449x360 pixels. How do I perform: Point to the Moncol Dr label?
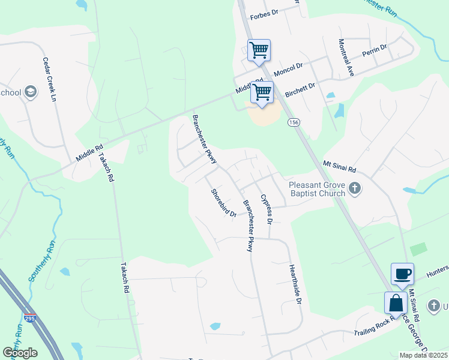[x=291, y=70]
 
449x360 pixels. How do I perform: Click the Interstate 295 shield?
[x=29, y=319]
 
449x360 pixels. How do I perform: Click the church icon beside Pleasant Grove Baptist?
[x=355, y=189]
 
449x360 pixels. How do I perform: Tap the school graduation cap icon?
[x=31, y=92]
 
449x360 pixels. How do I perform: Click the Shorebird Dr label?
[x=223, y=203]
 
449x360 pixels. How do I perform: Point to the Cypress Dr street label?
[x=267, y=209]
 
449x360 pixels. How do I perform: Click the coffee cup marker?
[x=402, y=274]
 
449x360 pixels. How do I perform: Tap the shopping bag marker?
[x=396, y=302]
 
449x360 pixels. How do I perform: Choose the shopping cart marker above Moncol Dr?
[x=259, y=50]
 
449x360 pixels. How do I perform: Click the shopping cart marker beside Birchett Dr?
[x=262, y=93]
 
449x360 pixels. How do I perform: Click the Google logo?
[x=20, y=353]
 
